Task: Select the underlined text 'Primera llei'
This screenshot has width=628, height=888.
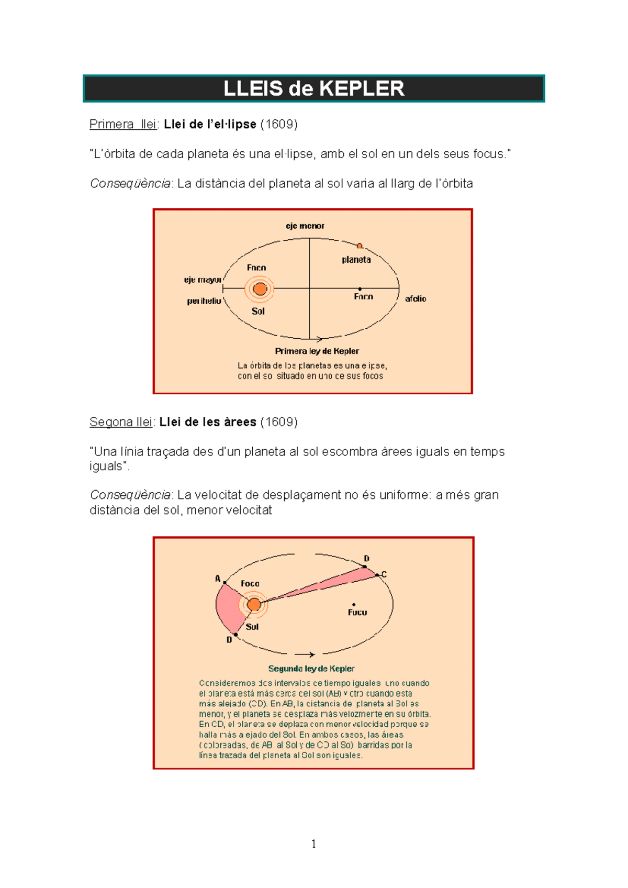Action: [x=123, y=124]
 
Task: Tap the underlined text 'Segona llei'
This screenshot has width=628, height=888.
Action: [x=121, y=422]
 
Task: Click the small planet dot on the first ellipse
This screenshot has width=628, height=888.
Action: [x=360, y=246]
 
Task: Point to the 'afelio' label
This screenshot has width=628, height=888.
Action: [x=416, y=299]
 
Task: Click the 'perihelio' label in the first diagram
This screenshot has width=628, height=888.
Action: [x=204, y=301]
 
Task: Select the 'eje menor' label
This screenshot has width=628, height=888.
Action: [x=305, y=226]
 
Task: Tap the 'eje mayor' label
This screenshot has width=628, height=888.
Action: [x=203, y=280]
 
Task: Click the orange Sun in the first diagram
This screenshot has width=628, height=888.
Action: [x=260, y=288]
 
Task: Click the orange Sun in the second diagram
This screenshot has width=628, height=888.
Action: [x=254, y=605]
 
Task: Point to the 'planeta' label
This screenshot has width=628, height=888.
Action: [x=356, y=260]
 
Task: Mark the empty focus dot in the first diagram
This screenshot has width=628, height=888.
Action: [x=360, y=289]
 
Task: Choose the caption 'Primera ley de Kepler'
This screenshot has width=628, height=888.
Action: [x=317, y=351]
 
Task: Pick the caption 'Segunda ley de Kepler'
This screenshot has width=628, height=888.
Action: [x=311, y=669]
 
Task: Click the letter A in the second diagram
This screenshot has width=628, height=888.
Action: [x=218, y=579]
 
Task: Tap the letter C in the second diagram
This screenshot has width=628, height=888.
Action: [x=384, y=574]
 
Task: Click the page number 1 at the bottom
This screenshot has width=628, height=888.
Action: [x=313, y=843]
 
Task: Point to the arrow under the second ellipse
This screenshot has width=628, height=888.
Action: [x=305, y=654]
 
